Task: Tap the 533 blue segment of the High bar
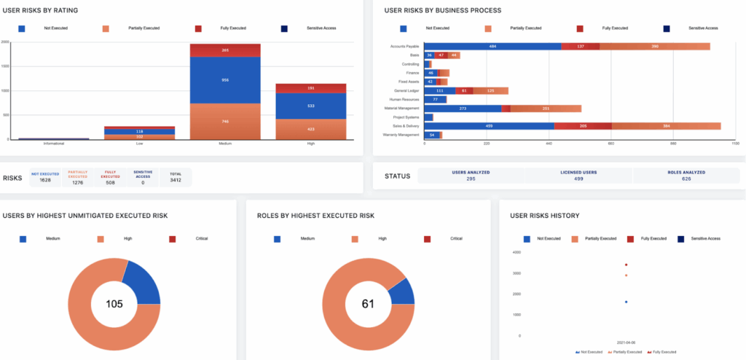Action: pyautogui.click(x=310, y=106)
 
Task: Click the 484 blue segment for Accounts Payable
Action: pyautogui.click(x=493, y=47)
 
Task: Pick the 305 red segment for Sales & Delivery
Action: pyautogui.click(x=582, y=125)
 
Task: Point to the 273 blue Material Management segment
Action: pyautogui.click(x=462, y=108)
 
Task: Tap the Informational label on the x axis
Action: pyautogui.click(x=53, y=144)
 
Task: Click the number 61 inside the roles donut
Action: pyautogui.click(x=367, y=304)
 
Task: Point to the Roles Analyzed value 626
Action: pyautogui.click(x=685, y=179)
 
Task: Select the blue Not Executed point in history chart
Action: pyautogui.click(x=626, y=301)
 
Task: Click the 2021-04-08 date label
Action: pyautogui.click(x=626, y=341)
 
